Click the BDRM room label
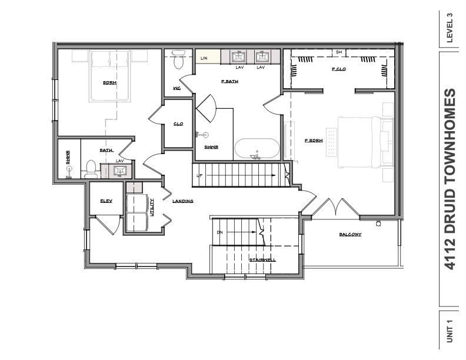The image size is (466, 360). (109, 83)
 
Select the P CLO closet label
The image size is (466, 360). (338, 69)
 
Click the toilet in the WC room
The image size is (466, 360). (179, 60)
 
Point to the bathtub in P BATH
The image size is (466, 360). (257, 148)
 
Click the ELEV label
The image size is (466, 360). (106, 201)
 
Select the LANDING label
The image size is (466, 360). (182, 201)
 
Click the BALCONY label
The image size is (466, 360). (349, 235)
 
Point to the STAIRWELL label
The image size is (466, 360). (262, 259)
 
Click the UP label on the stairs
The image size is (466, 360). (201, 176)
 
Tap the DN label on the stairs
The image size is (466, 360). (220, 232)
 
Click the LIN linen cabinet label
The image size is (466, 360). (204, 58)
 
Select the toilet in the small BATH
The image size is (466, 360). (91, 169)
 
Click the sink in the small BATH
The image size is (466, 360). (121, 171)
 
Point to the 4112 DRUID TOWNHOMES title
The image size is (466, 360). (450, 179)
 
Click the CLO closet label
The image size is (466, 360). (178, 124)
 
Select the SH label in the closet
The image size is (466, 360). (339, 52)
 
